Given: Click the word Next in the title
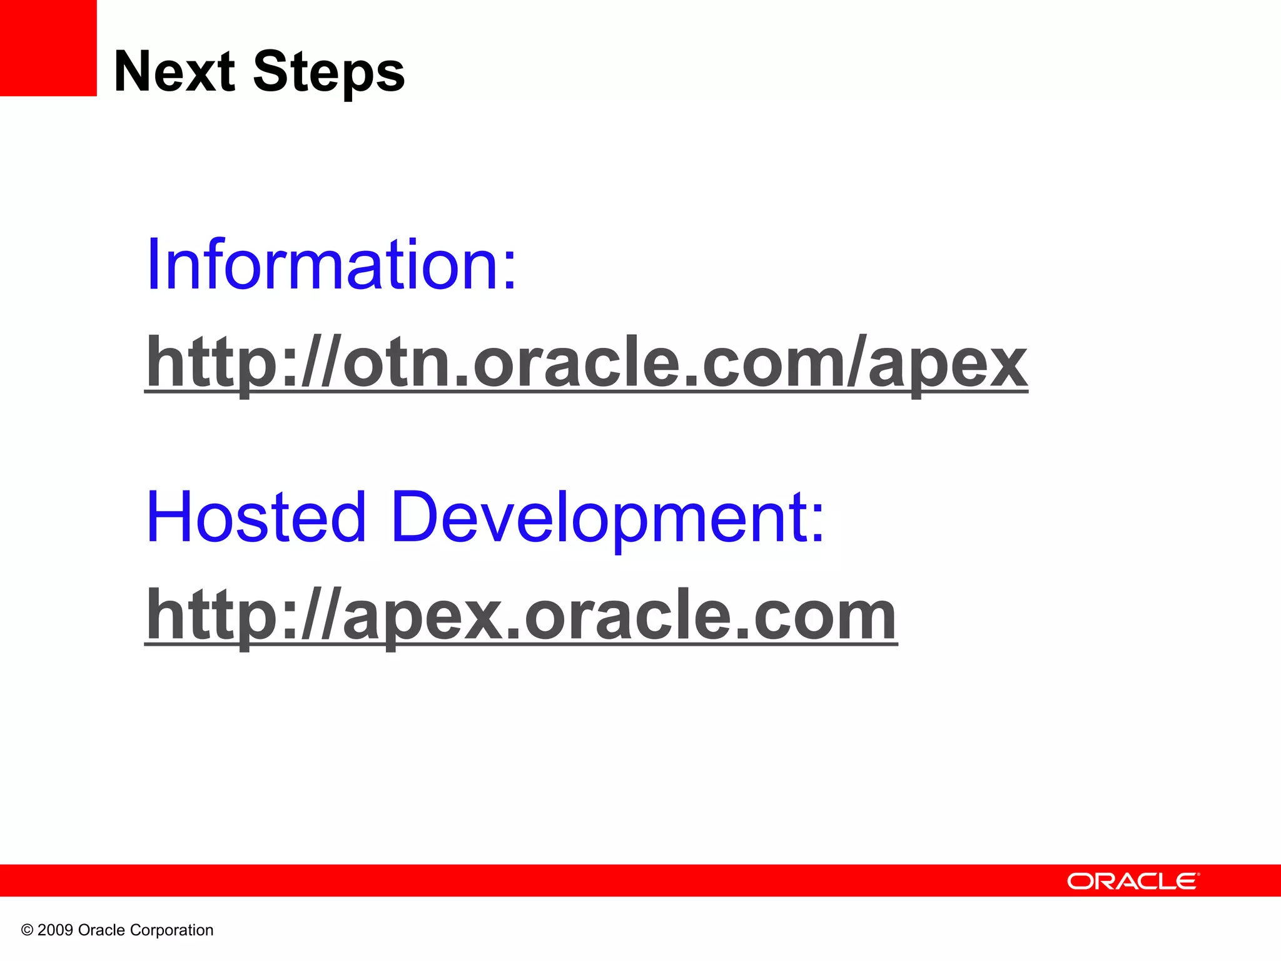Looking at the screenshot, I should (x=174, y=72).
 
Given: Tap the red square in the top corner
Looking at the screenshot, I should (x=48, y=48).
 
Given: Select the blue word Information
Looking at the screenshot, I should (x=323, y=265).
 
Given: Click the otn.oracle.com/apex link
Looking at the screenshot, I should (x=585, y=363).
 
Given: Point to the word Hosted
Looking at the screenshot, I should (x=256, y=517).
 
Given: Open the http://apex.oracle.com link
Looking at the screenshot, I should (x=520, y=616).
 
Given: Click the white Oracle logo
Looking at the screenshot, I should (x=1133, y=881).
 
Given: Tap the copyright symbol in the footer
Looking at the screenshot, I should (x=27, y=930).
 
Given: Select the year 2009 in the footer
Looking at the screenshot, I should (x=55, y=930).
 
